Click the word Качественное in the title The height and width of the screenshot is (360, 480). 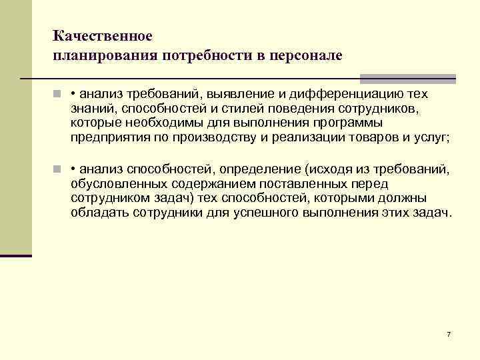[x=103, y=34]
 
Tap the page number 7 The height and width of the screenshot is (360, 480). [x=449, y=333]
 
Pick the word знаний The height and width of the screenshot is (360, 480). [x=93, y=108]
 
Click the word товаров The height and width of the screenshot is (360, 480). [x=368, y=138]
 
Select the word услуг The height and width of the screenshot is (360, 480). [x=432, y=138]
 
